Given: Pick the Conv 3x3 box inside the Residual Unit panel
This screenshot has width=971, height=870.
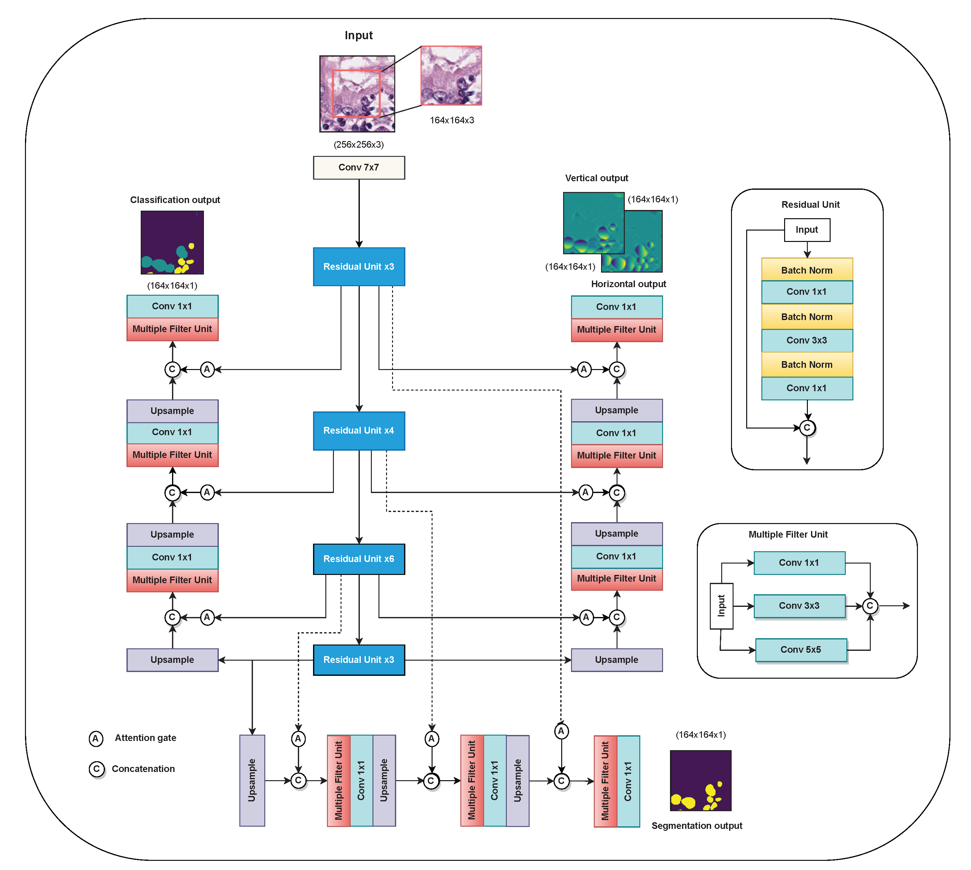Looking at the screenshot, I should (807, 340).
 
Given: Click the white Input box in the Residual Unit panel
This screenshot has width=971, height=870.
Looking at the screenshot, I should (807, 230).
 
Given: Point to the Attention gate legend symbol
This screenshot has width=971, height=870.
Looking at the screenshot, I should (95, 738).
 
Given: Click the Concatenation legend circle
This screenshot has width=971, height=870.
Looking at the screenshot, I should (96, 769).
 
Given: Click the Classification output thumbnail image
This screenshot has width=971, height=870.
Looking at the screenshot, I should (172, 242).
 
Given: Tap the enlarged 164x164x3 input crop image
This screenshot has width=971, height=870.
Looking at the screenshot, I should (451, 76).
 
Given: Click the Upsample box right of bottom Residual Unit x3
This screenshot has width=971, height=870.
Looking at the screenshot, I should (617, 660).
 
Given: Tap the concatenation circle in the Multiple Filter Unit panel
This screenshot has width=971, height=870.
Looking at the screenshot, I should (870, 606).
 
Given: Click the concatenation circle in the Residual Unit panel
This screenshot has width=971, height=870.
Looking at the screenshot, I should (807, 428).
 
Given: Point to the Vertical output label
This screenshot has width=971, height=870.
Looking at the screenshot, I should (596, 178).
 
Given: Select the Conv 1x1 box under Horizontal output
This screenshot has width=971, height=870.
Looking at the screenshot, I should (617, 307).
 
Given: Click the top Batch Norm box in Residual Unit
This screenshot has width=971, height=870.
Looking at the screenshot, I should (807, 270).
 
